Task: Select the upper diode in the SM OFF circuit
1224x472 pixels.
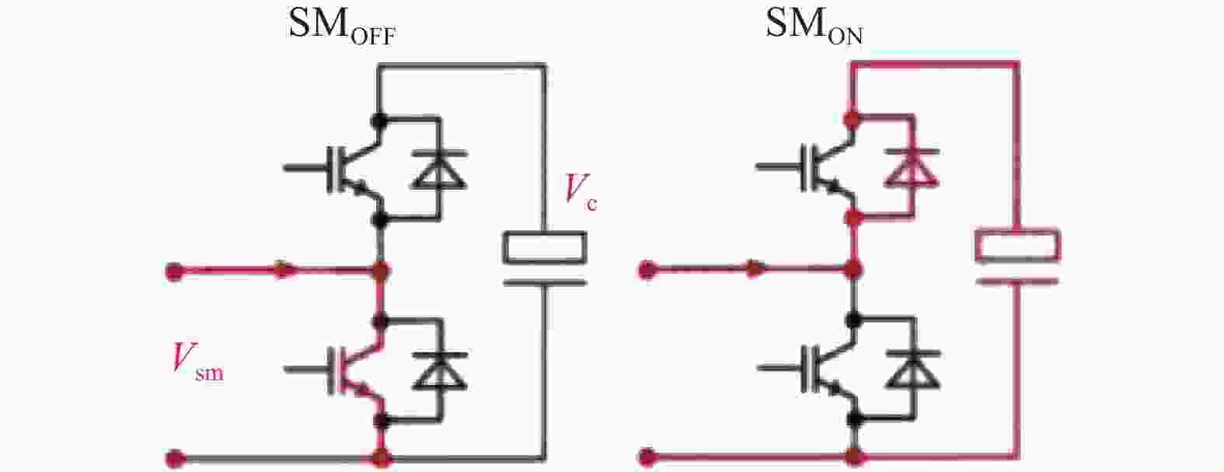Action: [440, 169]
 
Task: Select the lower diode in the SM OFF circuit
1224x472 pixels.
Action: [440, 372]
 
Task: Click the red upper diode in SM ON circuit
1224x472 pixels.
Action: [912, 168]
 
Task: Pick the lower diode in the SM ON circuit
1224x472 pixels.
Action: [912, 370]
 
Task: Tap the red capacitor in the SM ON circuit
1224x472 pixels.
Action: [1017, 257]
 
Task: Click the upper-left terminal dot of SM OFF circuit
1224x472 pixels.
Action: [174, 271]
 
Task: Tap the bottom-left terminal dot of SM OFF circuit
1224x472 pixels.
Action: [174, 458]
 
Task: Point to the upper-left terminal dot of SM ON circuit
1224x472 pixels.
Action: [647, 270]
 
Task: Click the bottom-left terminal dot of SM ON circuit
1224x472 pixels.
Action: [647, 456]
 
